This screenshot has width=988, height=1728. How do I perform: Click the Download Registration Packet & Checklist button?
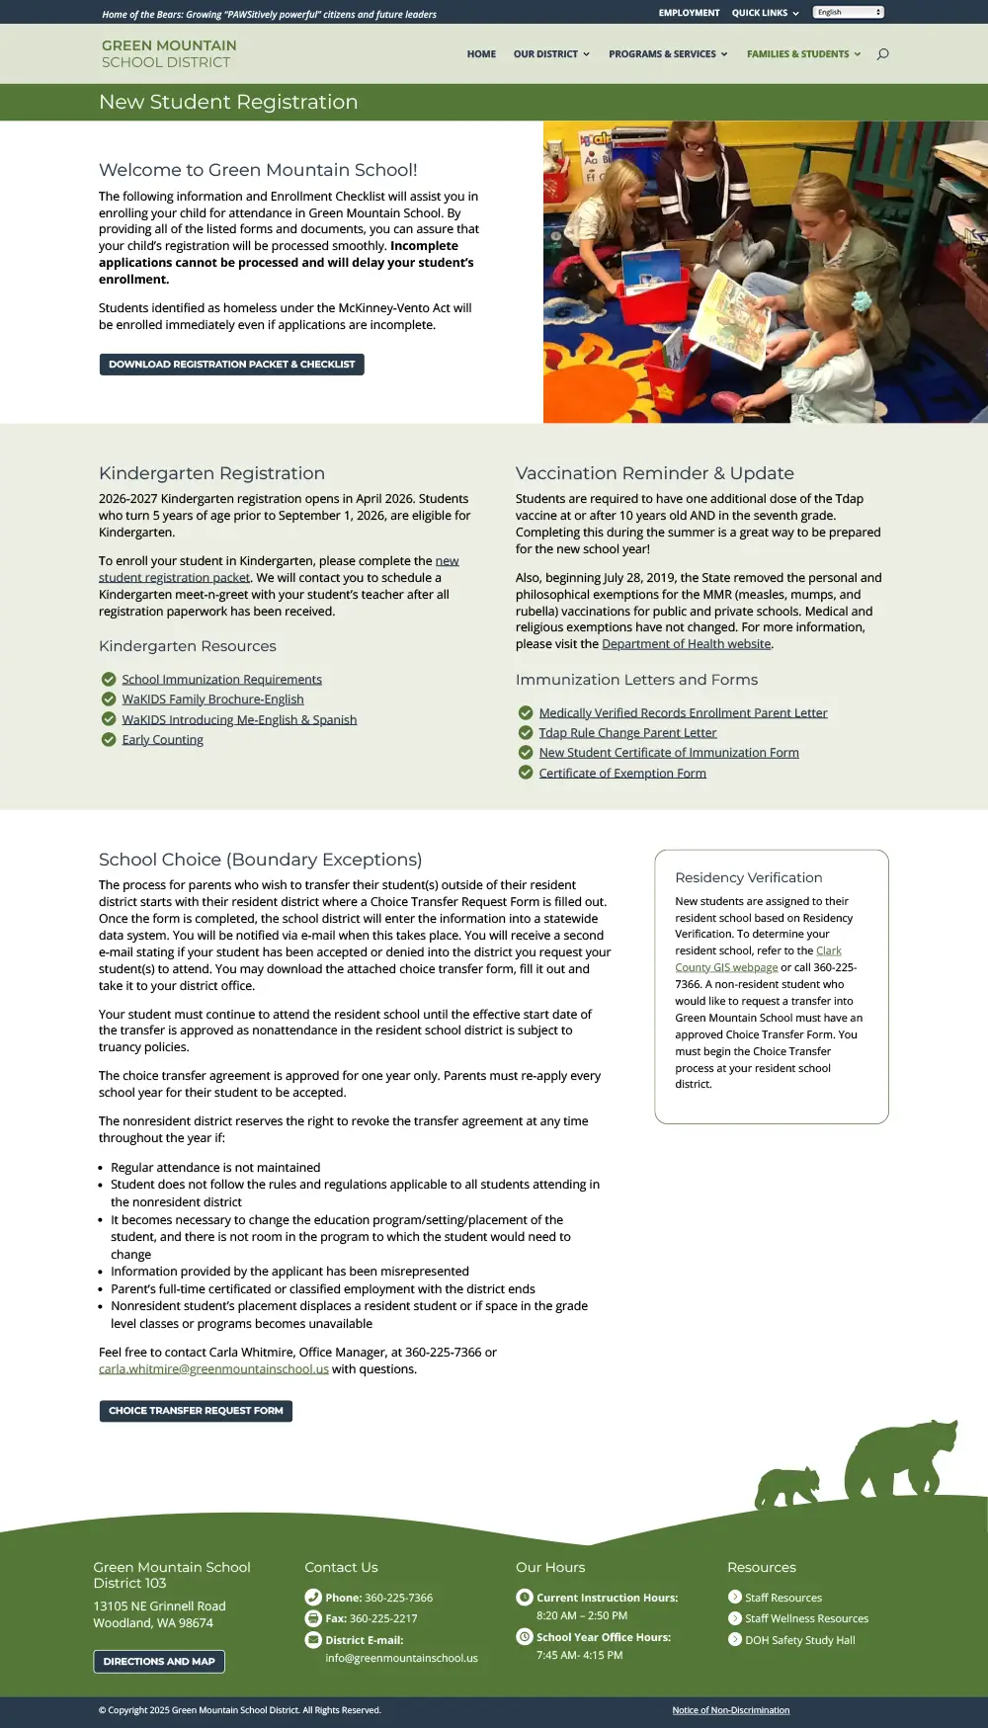pyautogui.click(x=231, y=365)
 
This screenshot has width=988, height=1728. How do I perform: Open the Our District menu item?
pyautogui.click(x=550, y=54)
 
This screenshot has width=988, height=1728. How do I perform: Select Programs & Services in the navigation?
pyautogui.click(x=667, y=54)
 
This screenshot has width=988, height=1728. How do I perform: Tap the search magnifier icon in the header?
pyautogui.click(x=882, y=54)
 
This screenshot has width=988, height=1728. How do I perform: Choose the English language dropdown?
pyautogui.click(x=848, y=13)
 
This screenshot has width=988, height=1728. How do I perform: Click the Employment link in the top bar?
pyautogui.click(x=689, y=13)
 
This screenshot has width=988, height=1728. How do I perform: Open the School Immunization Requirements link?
pyautogui.click(x=221, y=680)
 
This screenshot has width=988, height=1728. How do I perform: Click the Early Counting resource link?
pyautogui.click(x=162, y=740)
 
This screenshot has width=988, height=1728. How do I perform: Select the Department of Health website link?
pyautogui.click(x=686, y=644)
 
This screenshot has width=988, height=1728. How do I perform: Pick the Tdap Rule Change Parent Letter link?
pyautogui.click(x=627, y=733)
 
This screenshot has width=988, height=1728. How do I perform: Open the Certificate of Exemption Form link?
pyautogui.click(x=622, y=774)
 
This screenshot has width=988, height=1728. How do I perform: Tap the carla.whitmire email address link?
pyautogui.click(x=213, y=1369)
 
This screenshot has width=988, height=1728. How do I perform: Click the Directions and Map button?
pyautogui.click(x=159, y=1662)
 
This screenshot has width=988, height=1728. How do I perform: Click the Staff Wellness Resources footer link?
pyautogui.click(x=806, y=1618)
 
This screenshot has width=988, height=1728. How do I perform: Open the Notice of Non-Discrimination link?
pyautogui.click(x=730, y=1710)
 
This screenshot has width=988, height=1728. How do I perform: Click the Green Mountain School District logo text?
pyautogui.click(x=169, y=54)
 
